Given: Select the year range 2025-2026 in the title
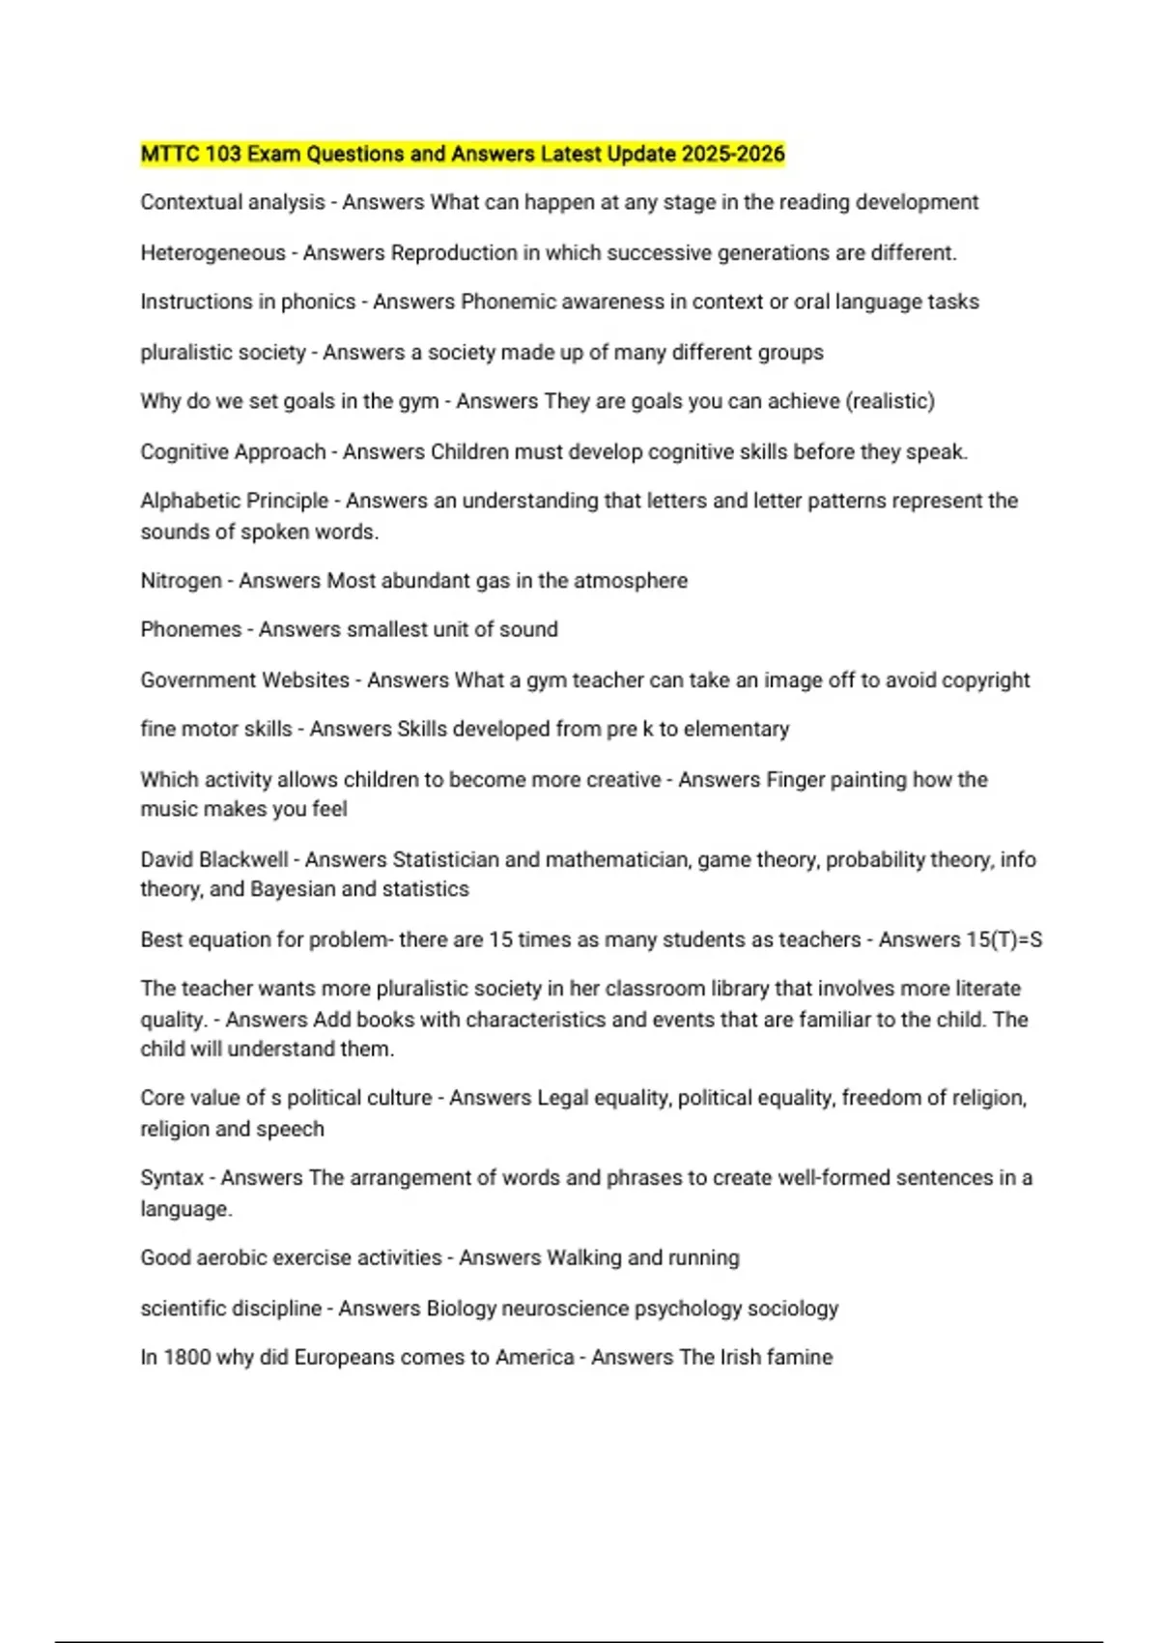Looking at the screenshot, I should pos(732,154).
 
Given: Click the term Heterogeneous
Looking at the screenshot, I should pos(212,253).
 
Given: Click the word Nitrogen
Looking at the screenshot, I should pos(181,581).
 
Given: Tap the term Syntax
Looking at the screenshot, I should pos(172,1178).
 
